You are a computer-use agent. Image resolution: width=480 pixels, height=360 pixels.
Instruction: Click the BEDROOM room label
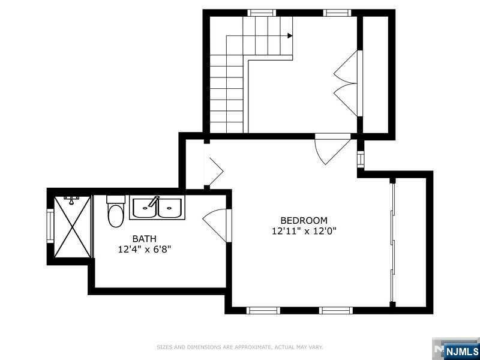(304, 220)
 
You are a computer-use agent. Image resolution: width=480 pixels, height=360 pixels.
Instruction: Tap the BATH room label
(144, 238)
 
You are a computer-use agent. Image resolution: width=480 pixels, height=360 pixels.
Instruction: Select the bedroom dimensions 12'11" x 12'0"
(304, 231)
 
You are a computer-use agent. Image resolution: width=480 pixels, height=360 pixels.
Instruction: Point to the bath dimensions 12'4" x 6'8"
(144, 250)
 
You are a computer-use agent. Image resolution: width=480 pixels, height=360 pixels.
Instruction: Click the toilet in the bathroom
(116, 211)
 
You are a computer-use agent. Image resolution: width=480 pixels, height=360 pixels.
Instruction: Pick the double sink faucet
(154, 202)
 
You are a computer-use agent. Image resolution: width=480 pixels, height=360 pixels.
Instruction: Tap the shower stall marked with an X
(73, 227)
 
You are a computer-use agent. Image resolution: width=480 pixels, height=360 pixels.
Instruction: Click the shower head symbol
(71, 200)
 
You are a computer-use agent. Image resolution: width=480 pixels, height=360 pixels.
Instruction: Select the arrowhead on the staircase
(290, 36)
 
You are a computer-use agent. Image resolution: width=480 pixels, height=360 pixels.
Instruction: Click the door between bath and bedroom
(216, 225)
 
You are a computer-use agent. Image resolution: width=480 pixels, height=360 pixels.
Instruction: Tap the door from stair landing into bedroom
(332, 148)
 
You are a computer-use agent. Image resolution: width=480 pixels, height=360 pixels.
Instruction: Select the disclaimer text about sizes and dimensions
(239, 347)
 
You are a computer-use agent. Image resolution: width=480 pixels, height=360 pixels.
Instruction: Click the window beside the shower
(50, 226)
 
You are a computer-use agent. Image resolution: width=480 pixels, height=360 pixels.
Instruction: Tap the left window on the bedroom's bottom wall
(263, 310)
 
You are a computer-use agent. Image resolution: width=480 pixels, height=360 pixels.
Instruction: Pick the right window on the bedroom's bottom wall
(336, 310)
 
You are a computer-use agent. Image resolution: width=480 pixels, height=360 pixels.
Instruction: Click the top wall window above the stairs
(262, 13)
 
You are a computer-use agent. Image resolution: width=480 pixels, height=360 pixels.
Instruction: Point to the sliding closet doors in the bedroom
(392, 242)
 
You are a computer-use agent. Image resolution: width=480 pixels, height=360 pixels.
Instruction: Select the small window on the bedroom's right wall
(361, 159)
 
